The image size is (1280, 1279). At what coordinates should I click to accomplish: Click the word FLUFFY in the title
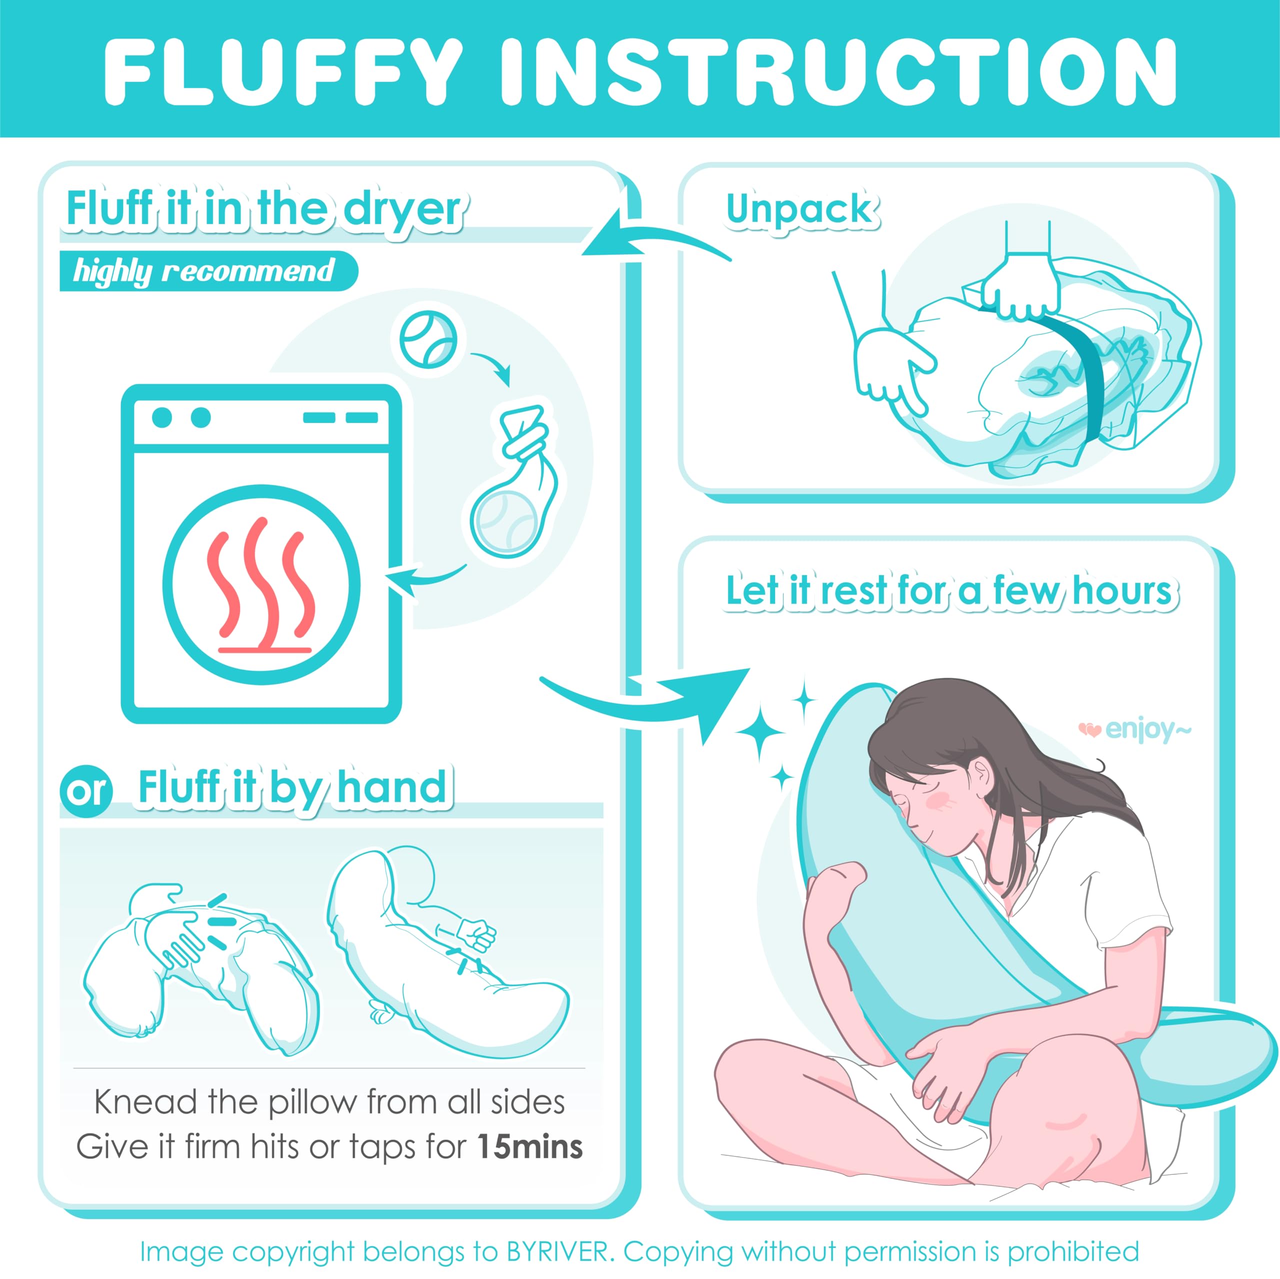283,71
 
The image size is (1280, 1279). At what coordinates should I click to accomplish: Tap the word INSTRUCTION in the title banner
838,71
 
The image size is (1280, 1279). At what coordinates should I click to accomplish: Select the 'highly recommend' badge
208,271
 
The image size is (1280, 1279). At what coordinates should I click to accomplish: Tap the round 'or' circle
86,790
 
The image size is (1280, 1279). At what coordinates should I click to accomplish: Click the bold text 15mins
529,1147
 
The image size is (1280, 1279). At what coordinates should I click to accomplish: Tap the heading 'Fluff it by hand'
292,788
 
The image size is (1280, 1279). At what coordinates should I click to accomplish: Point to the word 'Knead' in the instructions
146,1102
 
